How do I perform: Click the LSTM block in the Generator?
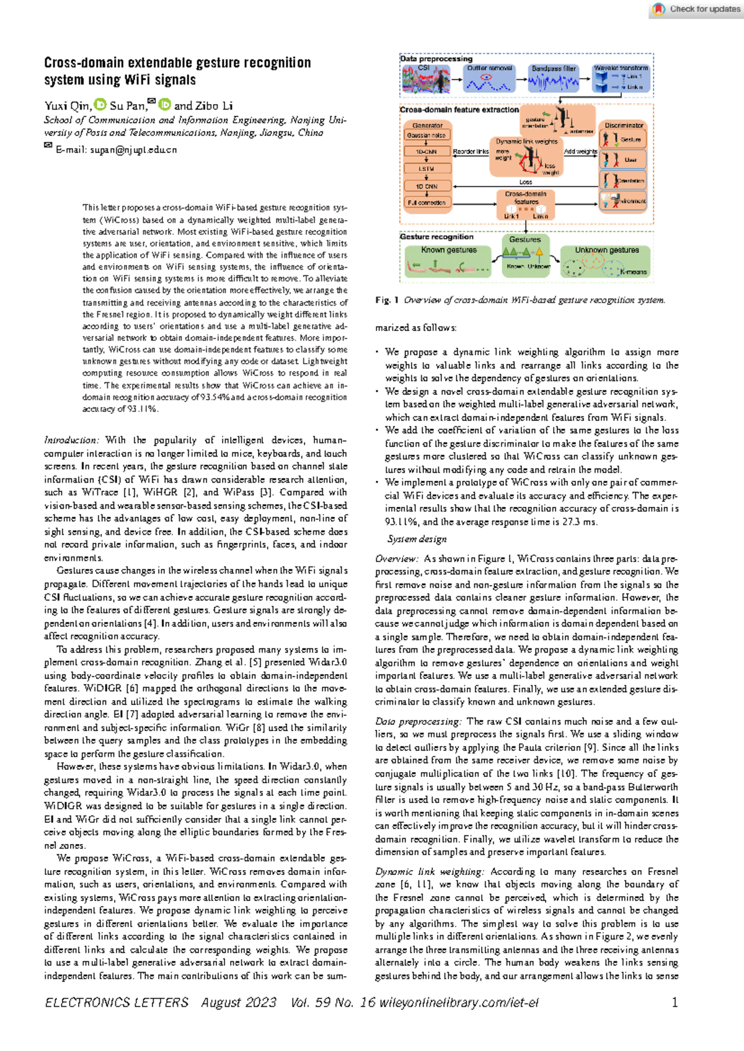tap(427, 169)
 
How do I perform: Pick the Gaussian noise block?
tap(427, 135)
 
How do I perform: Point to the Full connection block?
tap(427, 203)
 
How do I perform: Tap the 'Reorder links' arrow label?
tap(471, 151)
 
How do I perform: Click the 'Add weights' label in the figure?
tap(580, 151)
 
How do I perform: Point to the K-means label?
tap(633, 271)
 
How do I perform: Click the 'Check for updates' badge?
tap(697, 9)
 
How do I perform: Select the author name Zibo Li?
tap(214, 106)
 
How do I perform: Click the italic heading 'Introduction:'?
tap(71, 440)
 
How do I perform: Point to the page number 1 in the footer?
tap(675, 1002)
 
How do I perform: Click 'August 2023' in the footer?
tap(239, 1002)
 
